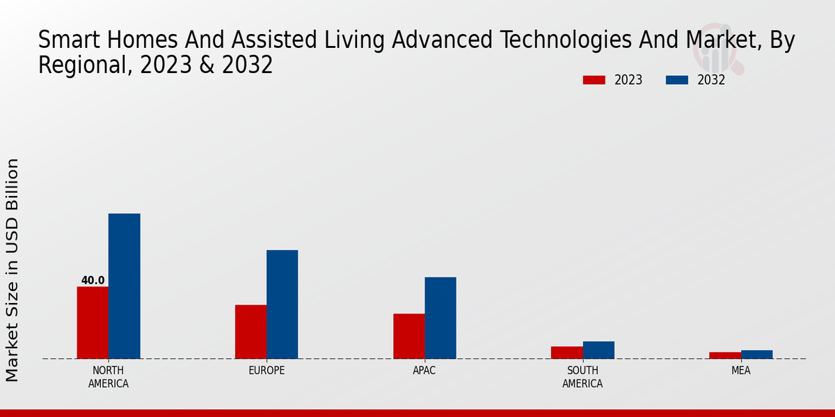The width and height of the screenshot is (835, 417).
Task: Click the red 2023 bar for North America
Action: (93, 322)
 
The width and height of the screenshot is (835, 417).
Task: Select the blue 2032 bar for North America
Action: (124, 286)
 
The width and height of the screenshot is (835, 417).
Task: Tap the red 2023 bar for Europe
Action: (250, 332)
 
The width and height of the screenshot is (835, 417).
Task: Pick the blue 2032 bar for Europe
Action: (282, 304)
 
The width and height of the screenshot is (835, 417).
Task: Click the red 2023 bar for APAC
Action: (408, 336)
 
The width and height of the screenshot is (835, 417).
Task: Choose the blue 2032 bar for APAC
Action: (440, 318)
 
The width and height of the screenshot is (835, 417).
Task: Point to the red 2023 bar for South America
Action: (566, 352)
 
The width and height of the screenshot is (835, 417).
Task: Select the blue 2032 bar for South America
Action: (598, 350)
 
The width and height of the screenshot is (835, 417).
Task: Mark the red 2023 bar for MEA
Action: (725, 355)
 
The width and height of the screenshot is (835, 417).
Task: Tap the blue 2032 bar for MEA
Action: (756, 354)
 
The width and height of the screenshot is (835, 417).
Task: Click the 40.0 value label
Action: (93, 281)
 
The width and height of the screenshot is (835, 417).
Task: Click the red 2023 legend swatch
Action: (594, 80)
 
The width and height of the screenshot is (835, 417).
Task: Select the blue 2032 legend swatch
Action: (676, 80)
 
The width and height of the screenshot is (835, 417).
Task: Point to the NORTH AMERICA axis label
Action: (108, 377)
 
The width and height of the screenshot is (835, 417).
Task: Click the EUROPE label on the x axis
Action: (267, 370)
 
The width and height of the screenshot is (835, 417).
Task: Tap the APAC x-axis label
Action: (424, 370)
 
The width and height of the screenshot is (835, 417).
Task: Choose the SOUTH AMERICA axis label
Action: (582, 377)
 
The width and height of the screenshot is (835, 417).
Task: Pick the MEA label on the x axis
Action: (740, 370)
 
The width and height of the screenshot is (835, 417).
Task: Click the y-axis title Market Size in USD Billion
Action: (13, 270)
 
